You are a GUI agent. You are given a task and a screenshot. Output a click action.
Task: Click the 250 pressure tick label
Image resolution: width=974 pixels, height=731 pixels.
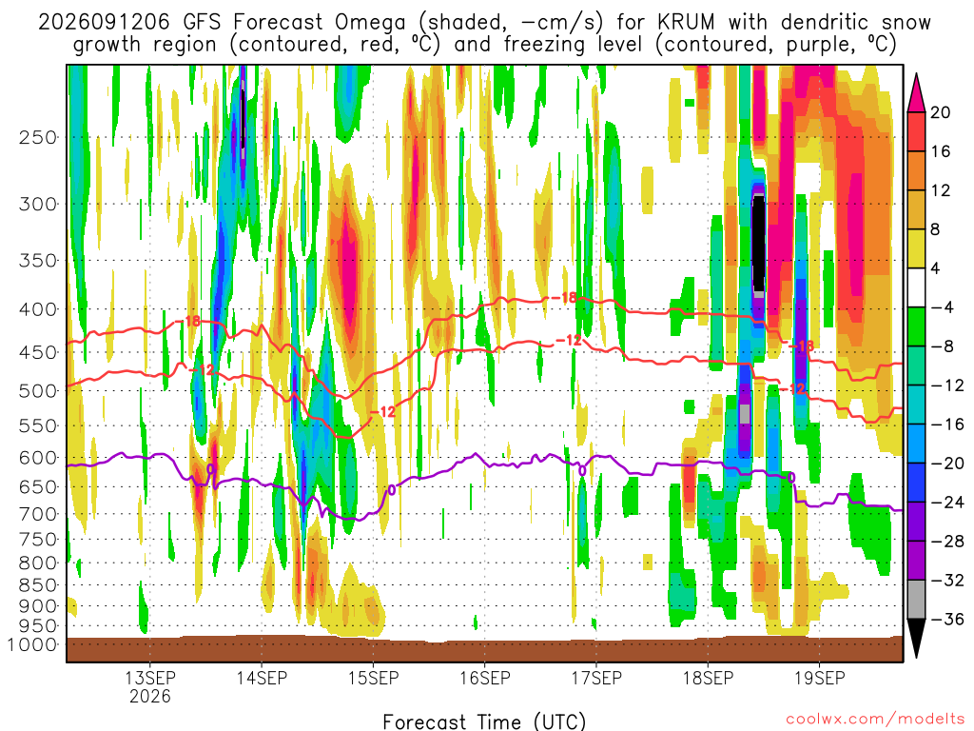click(38, 137)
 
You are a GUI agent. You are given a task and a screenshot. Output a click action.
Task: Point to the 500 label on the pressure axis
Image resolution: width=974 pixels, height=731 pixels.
click(38, 391)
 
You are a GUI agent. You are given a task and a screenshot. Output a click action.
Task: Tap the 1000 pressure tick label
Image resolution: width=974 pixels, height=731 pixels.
click(31, 645)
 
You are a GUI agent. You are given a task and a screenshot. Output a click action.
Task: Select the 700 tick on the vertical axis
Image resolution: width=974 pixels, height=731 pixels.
click(38, 514)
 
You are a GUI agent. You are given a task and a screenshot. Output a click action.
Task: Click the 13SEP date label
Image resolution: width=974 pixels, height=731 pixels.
click(150, 678)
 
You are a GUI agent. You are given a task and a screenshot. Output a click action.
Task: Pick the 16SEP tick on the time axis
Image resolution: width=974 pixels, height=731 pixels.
click(484, 678)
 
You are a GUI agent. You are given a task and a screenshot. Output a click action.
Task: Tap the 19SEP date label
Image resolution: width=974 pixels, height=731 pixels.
click(819, 678)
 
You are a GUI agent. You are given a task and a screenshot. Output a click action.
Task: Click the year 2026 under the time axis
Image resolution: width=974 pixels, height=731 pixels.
click(150, 696)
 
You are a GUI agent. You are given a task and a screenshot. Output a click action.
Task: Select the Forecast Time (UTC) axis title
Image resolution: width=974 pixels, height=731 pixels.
click(484, 721)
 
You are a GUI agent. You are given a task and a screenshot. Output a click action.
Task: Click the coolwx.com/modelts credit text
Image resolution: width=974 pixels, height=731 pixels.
click(875, 720)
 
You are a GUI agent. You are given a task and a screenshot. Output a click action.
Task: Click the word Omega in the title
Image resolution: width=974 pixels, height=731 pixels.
click(370, 23)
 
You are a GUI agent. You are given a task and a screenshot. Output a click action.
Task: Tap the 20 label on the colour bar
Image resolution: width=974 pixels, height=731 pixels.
click(941, 112)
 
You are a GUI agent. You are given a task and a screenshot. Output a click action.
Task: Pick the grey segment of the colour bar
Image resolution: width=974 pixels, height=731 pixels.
click(916, 600)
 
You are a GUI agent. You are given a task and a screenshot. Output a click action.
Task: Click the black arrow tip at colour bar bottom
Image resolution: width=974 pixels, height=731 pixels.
click(916, 657)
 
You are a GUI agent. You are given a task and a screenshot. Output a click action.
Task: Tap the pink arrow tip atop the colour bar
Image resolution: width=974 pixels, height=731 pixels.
click(916, 75)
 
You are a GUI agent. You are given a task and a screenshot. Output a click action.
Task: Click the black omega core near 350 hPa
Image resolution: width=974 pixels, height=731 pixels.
click(758, 244)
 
